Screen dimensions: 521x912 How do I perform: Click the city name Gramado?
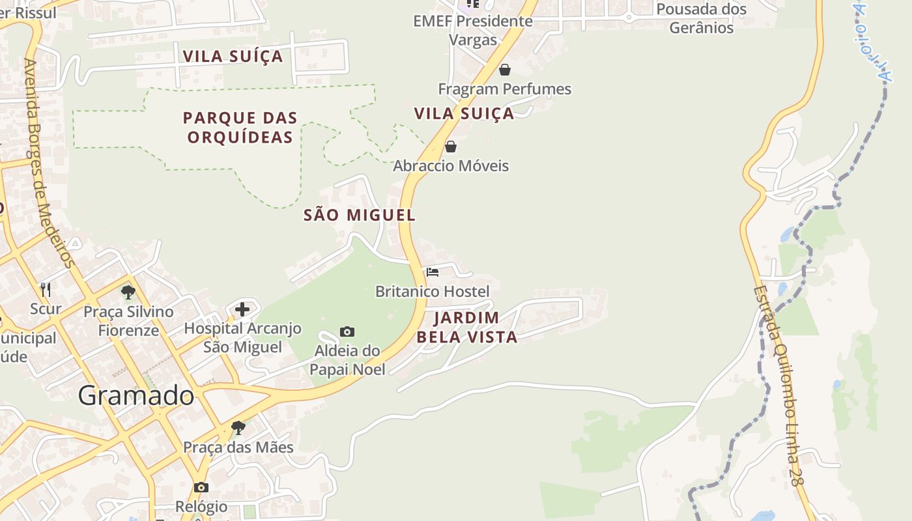(136, 395)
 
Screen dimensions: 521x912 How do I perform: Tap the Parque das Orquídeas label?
(240, 128)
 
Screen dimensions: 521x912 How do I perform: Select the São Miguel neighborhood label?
(359, 215)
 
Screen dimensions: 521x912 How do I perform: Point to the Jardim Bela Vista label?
(466, 328)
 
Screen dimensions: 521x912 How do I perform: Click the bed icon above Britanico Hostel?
(432, 272)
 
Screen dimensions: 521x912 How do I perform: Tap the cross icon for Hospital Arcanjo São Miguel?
(242, 309)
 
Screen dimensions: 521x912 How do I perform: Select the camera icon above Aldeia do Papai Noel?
(347, 331)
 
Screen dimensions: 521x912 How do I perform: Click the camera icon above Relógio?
(201, 487)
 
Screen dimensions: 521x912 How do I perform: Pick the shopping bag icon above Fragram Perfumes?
(504, 70)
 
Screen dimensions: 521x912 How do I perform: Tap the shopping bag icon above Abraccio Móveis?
(450, 147)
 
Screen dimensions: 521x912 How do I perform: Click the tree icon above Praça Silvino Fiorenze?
(128, 292)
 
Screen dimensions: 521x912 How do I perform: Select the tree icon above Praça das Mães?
(238, 428)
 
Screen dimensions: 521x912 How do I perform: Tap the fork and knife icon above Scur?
(46, 289)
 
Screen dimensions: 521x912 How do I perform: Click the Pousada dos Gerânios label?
(701, 18)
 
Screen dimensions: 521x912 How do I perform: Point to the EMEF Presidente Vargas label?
(473, 30)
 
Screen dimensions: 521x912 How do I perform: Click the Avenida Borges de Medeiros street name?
(48, 163)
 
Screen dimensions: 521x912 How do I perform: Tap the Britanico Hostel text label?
(432, 291)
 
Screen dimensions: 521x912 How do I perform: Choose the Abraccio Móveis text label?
(451, 165)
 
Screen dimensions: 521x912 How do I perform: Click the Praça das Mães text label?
(238, 447)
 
